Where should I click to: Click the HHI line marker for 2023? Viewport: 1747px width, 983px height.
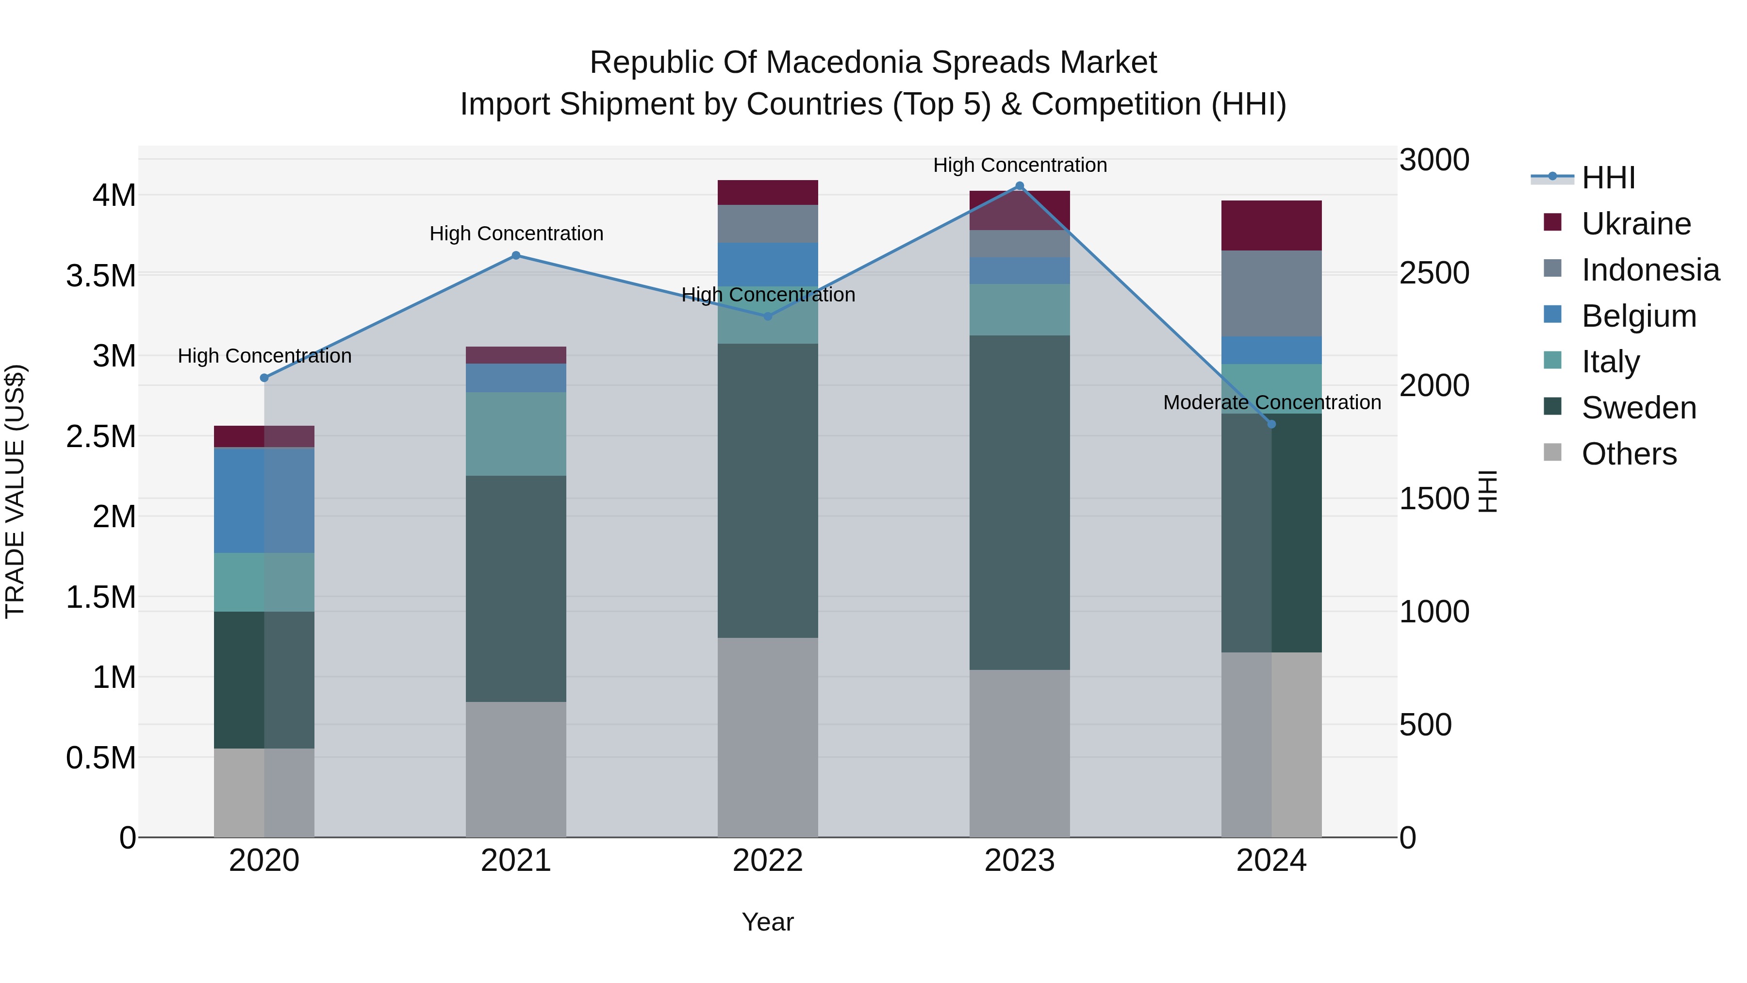pyautogui.click(x=1019, y=186)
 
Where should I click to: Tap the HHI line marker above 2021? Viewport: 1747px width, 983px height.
pyautogui.click(x=516, y=256)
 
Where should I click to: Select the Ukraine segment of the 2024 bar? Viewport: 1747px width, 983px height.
pyautogui.click(x=1271, y=226)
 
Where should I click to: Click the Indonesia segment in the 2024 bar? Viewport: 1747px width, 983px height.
pyautogui.click(x=1271, y=294)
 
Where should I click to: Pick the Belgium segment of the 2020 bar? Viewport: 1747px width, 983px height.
pyautogui.click(x=264, y=500)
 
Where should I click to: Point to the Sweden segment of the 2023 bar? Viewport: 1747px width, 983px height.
pyautogui.click(x=1019, y=502)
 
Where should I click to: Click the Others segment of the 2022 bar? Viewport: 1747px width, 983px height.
pyautogui.click(x=768, y=737)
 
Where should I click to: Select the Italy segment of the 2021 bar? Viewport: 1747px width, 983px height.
pyautogui.click(x=516, y=434)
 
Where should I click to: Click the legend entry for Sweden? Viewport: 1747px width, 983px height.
pyautogui.click(x=1638, y=408)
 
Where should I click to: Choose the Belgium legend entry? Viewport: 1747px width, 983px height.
pyautogui.click(x=1638, y=316)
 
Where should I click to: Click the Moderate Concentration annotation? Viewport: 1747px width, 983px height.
pyautogui.click(x=1271, y=402)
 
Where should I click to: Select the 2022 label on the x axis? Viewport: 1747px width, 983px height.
pyautogui.click(x=768, y=861)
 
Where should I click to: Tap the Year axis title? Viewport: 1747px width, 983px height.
pyautogui.click(x=768, y=922)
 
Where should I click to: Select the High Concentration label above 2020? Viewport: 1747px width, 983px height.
pyautogui.click(x=264, y=356)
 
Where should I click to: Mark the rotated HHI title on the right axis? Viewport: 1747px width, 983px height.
pyautogui.click(x=1487, y=491)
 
